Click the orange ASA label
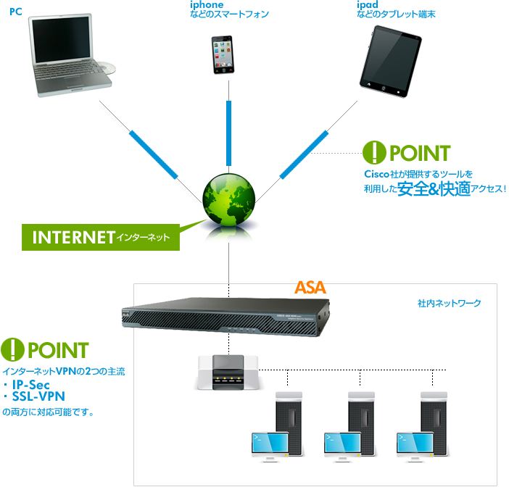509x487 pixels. pyautogui.click(x=310, y=287)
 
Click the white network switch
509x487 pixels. pyautogui.click(x=228, y=372)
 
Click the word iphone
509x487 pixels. pyautogui.click(x=206, y=4)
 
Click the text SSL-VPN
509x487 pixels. pyautogui.click(x=38, y=396)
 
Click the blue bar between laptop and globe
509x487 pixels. pyautogui.click(x=153, y=153)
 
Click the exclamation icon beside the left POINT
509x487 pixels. pyautogui.click(x=12, y=350)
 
